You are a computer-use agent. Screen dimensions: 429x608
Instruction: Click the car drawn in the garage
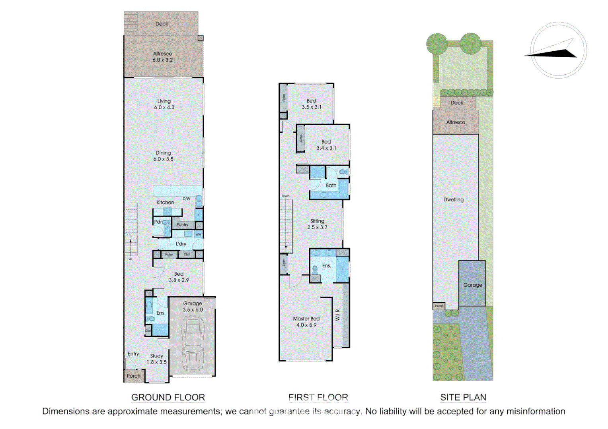[193, 344]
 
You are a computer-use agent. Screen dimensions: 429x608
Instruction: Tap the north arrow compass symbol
[558, 50]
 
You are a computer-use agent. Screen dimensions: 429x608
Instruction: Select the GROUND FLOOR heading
[168, 397]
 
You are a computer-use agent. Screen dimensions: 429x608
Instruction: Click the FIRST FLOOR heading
[318, 397]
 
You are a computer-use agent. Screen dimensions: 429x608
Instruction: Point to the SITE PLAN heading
[463, 397]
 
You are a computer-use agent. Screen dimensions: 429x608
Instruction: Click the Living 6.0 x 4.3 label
[164, 104]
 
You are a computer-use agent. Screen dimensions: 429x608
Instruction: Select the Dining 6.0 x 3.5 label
[163, 156]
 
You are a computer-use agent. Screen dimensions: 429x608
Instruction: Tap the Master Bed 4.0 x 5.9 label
[306, 322]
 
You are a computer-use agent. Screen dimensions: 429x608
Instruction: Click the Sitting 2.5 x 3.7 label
[317, 224]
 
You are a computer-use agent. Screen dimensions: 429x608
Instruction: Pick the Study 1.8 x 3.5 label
[156, 359]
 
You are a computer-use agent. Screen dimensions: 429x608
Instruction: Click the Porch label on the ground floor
[134, 376]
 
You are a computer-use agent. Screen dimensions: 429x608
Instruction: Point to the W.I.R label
[337, 315]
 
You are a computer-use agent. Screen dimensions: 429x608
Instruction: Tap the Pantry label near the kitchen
[182, 225]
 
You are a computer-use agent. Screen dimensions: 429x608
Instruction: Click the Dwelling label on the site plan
[453, 200]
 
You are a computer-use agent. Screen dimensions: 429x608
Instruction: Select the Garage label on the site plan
[472, 285]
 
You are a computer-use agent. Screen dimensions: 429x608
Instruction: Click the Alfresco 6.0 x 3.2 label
[163, 57]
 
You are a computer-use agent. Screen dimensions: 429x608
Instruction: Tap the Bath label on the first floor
[331, 186]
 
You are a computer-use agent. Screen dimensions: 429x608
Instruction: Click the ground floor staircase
[131, 229]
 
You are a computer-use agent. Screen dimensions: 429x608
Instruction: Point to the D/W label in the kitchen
[186, 199]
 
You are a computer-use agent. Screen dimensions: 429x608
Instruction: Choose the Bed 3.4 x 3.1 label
[326, 145]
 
